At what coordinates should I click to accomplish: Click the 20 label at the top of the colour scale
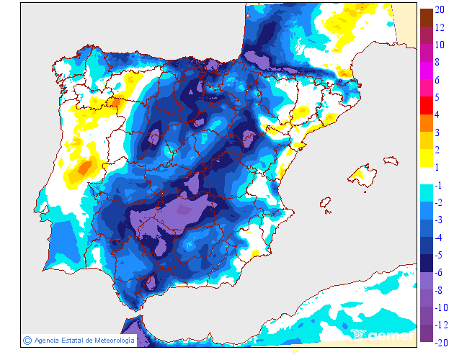440,11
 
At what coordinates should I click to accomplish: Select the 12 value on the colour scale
440,27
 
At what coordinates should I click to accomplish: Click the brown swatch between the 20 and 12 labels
426,19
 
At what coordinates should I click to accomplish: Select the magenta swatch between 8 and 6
426,71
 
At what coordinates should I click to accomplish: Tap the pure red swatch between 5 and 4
426,106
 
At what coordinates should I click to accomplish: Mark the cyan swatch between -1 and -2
426,193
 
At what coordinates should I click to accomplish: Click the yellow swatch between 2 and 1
426,158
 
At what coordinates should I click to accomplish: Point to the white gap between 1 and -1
426,176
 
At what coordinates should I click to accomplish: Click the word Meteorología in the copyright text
110,340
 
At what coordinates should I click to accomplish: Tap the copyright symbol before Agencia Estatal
27,340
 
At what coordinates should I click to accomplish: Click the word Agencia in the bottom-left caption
48,340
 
